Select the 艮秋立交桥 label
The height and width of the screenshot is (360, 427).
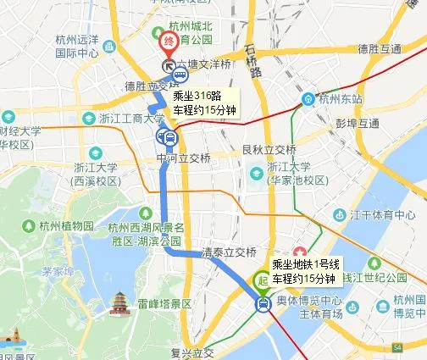[x=268, y=150]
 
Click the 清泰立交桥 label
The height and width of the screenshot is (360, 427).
[x=229, y=252]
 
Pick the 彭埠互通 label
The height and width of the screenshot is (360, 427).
[x=357, y=124]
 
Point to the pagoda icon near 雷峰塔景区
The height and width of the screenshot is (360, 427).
[x=119, y=302]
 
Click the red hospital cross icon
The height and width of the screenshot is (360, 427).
[x=301, y=253]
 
